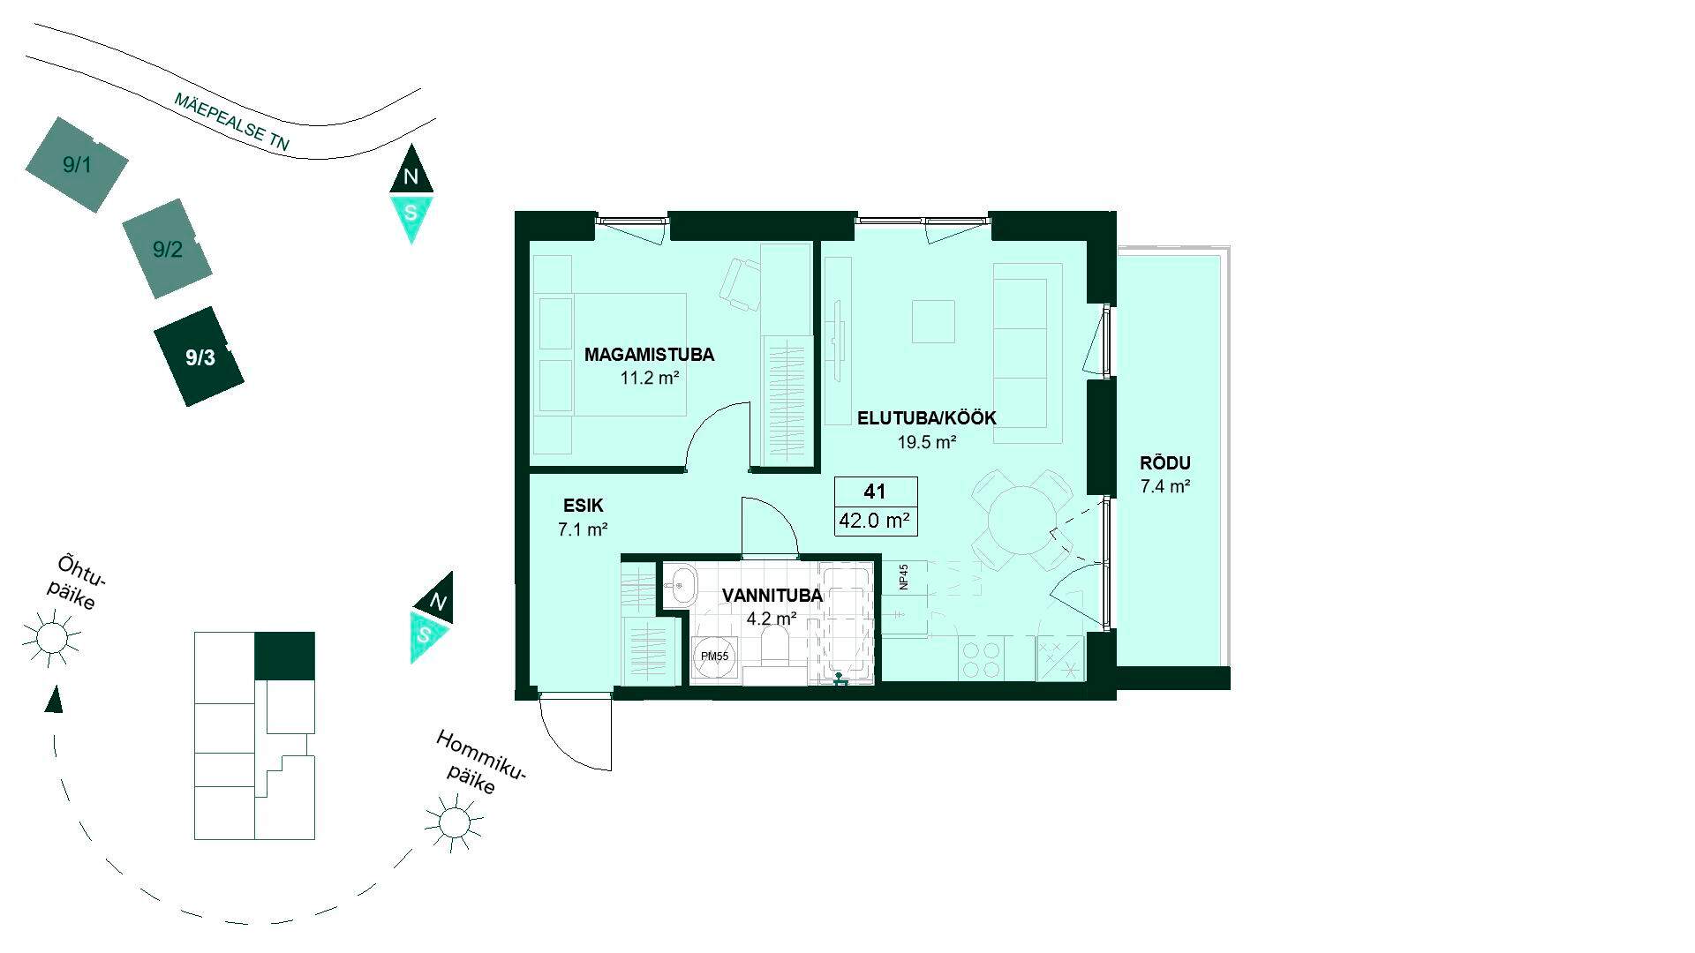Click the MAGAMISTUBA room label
click(x=649, y=356)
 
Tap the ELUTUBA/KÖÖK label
click(x=927, y=418)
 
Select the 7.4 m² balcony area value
click(x=1165, y=486)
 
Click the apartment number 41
click(x=875, y=492)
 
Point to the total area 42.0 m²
click(x=875, y=521)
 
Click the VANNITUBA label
click(x=772, y=596)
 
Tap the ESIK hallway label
click(x=583, y=506)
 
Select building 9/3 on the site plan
click(x=200, y=356)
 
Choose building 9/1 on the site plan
click(x=77, y=164)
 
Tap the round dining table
click(x=1021, y=521)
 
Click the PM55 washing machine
click(x=714, y=657)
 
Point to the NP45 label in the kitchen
click(x=904, y=577)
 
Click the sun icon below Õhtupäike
click(x=51, y=636)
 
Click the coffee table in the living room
click(x=933, y=321)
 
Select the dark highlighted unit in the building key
click(x=284, y=656)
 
